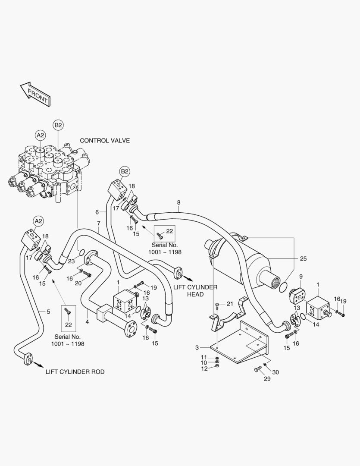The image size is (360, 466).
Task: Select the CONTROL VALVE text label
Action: click(105, 141)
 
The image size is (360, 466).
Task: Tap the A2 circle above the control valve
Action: click(40, 135)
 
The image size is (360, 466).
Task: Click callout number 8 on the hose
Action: click(178, 202)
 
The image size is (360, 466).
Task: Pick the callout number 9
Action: click(301, 277)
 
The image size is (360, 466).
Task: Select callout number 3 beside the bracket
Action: click(197, 347)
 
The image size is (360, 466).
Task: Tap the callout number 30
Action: click(275, 372)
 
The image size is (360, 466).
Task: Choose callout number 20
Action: click(78, 283)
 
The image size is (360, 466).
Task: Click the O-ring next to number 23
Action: click(81, 252)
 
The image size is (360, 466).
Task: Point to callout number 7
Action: click(98, 223)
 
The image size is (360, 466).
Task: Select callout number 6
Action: click(97, 212)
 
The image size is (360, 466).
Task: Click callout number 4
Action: click(87, 321)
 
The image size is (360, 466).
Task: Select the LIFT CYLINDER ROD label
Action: click(75, 372)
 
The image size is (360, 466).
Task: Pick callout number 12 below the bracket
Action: click(204, 368)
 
